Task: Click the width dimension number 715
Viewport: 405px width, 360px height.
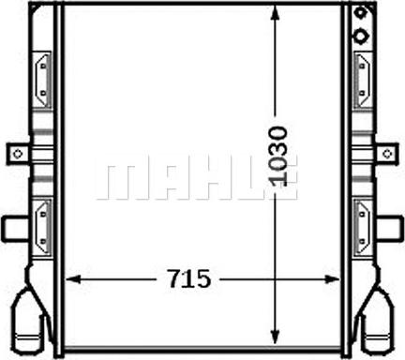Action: pyautogui.click(x=189, y=278)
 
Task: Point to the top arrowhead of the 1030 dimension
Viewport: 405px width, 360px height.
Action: pyautogui.click(x=275, y=13)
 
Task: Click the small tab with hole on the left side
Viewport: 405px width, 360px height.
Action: pyautogui.click(x=16, y=152)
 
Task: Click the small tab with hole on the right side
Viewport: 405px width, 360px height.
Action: pyautogui.click(x=385, y=152)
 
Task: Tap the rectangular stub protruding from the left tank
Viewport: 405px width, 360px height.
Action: pyautogui.click(x=14, y=227)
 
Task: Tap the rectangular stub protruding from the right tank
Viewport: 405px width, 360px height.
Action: pyautogui.click(x=387, y=227)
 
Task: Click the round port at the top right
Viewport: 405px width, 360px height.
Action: pyautogui.click(x=360, y=37)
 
